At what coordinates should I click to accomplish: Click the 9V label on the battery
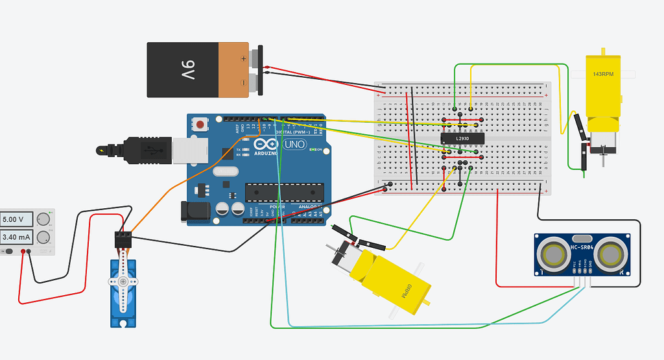187,69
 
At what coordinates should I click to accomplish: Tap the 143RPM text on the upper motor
602,74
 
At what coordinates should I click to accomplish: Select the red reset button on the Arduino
201,124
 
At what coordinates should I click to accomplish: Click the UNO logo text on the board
296,144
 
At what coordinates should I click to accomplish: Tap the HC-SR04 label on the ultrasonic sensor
583,246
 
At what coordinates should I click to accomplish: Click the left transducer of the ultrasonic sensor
553,253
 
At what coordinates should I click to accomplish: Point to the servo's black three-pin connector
123,239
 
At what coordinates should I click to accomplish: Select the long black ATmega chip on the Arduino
283,191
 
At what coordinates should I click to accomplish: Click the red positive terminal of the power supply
23,251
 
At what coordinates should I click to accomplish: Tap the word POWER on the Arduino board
278,207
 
